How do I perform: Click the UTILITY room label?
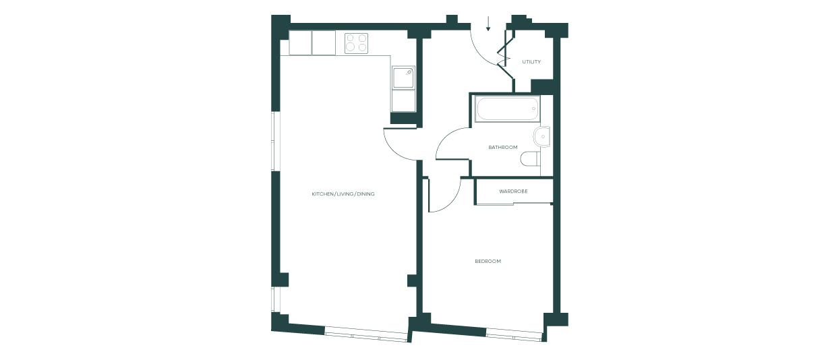(x=531, y=62)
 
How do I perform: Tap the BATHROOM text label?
(x=503, y=147)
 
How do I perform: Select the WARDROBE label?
(x=513, y=191)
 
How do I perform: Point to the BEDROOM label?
(x=488, y=261)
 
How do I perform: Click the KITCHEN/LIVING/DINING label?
(x=343, y=193)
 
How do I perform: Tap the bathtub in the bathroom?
(x=507, y=109)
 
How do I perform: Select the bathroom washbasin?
(x=541, y=137)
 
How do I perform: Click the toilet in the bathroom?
(x=531, y=159)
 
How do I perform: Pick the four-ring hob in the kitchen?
(x=356, y=43)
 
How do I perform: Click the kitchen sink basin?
(x=403, y=78)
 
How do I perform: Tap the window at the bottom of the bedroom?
(x=514, y=335)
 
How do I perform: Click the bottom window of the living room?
(x=366, y=335)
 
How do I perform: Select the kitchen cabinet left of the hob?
(x=324, y=43)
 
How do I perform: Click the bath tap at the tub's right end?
(x=533, y=109)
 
